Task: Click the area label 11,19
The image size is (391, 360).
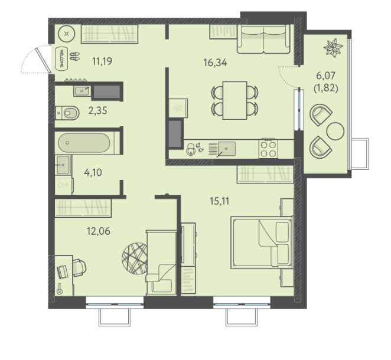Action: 102,61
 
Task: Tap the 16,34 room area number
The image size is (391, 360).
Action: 215,63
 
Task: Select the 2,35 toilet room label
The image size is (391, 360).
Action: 98,110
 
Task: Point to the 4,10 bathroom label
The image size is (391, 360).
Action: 93,172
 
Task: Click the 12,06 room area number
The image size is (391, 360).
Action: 98,231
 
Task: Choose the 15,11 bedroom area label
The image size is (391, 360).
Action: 220,201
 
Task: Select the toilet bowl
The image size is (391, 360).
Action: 67,113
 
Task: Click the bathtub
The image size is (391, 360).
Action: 84,143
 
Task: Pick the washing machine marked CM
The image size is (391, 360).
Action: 63,185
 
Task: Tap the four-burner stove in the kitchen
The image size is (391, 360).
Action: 268,148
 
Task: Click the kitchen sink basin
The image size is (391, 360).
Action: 226,149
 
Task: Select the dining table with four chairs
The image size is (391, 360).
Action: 234,100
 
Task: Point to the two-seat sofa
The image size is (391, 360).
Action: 263,39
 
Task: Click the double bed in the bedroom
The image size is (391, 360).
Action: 262,243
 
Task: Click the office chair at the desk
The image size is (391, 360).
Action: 79,268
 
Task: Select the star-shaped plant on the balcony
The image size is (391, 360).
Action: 333,47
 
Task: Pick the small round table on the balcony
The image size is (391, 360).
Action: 335,131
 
